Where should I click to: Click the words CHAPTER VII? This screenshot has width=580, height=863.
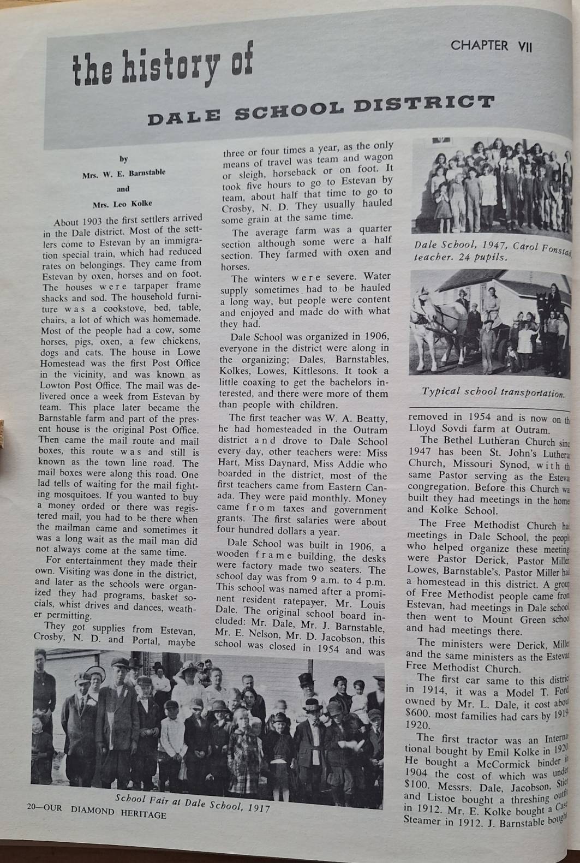[x=491, y=46]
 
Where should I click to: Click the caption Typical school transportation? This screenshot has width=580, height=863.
[x=492, y=392]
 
